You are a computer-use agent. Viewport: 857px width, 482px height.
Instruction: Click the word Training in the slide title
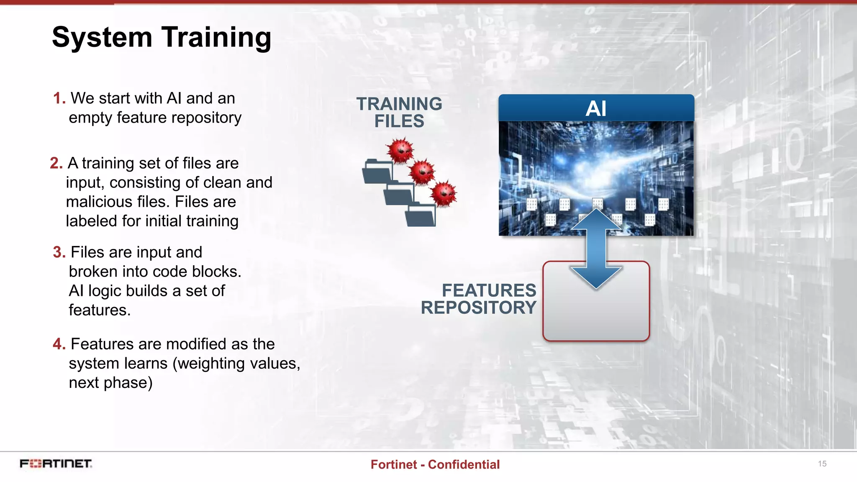(216, 38)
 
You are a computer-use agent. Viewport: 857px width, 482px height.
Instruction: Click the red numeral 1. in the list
(59, 98)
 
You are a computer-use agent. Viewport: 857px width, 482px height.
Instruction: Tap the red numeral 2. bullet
(56, 163)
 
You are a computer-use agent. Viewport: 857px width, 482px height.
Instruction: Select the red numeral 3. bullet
(59, 252)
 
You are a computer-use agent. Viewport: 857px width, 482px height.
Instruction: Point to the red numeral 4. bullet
(59, 344)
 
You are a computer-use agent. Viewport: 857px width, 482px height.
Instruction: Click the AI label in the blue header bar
(596, 108)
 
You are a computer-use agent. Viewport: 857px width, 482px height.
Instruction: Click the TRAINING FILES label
(399, 112)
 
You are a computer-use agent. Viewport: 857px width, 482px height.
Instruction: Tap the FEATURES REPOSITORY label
(479, 299)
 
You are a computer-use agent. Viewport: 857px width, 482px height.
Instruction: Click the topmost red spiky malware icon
(400, 150)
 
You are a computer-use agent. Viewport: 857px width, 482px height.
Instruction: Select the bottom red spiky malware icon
(444, 193)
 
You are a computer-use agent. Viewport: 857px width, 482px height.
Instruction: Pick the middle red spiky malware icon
(422, 172)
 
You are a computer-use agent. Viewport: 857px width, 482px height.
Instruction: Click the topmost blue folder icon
(377, 172)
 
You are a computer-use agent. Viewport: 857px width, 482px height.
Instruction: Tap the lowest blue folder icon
(420, 215)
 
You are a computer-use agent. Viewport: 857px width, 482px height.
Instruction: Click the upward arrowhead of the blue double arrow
(596, 220)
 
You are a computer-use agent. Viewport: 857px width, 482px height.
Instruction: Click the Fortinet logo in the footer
(56, 464)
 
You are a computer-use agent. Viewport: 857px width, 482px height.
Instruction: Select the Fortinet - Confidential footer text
(435, 464)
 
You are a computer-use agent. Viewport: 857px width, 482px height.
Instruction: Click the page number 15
(822, 464)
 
